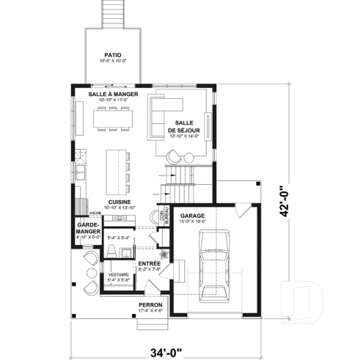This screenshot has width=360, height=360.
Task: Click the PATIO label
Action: click(x=112, y=54)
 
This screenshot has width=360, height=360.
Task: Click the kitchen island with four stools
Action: click(x=116, y=169)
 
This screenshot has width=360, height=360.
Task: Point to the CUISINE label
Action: click(x=120, y=201)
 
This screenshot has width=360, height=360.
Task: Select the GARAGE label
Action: click(x=193, y=216)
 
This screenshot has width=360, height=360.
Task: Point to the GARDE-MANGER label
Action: click(x=87, y=228)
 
